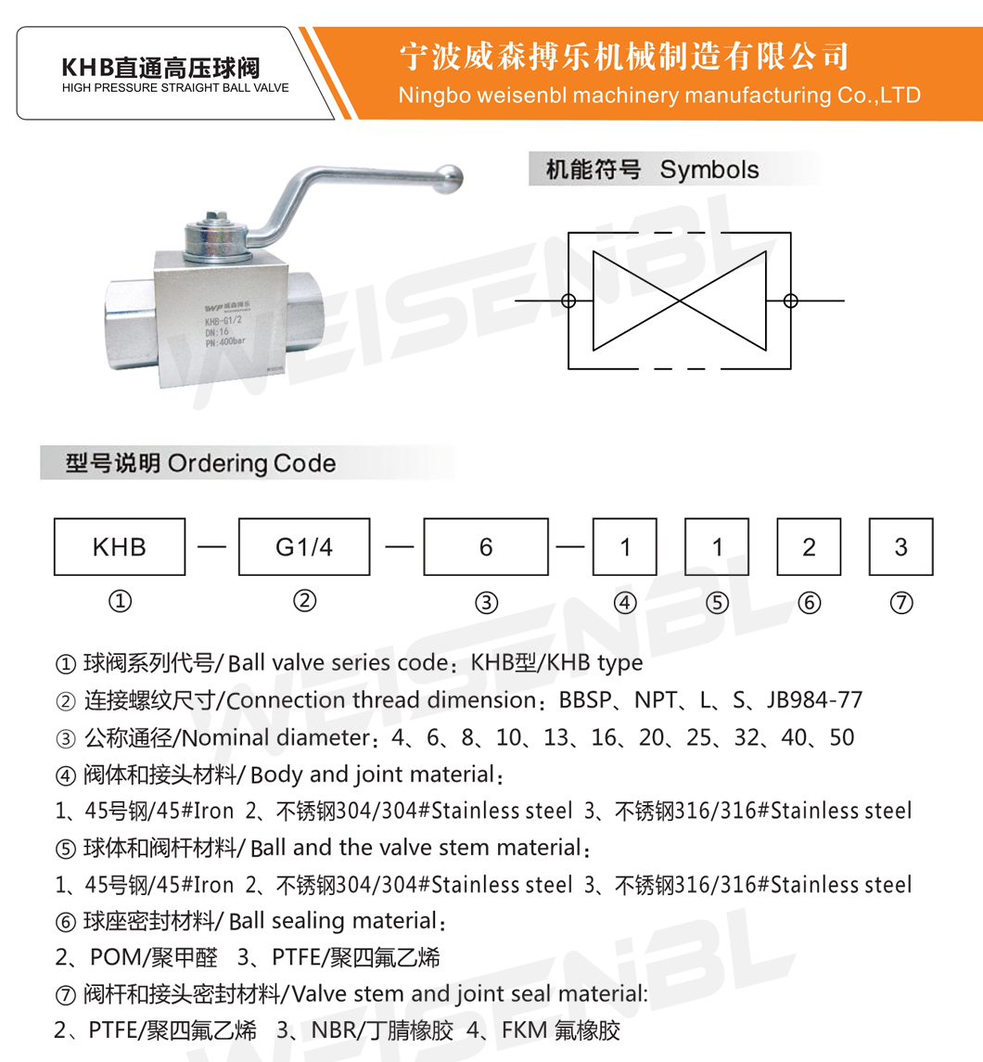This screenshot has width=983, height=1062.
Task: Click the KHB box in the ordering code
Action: coord(120,547)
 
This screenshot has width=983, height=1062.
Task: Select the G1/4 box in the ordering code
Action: coord(304,547)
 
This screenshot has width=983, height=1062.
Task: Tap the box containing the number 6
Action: coord(486,547)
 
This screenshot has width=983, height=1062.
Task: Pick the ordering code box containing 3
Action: coord(900,547)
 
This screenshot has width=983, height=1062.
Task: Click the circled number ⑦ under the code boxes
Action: coord(901,603)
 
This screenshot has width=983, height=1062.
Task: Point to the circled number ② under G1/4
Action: coord(304,601)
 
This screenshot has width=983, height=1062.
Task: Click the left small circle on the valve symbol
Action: coord(569,301)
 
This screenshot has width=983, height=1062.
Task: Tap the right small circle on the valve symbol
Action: coord(791,301)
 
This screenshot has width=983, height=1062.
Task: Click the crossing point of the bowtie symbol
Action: coord(680,301)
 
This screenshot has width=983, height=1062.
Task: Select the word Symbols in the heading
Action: coord(709,171)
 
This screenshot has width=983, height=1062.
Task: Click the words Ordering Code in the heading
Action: coord(252,463)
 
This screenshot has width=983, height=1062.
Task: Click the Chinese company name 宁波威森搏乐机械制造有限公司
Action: coord(623,57)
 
